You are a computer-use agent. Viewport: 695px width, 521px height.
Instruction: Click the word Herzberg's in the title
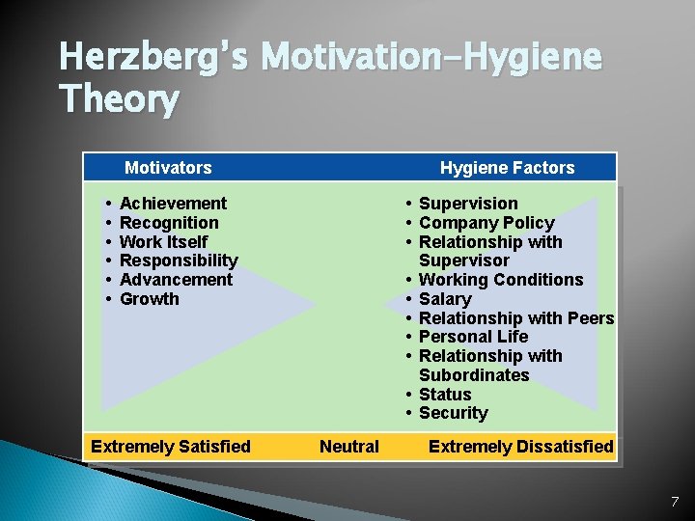(154, 58)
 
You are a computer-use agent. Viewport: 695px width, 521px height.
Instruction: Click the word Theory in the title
(119, 99)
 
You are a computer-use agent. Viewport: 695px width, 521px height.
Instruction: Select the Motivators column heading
(168, 168)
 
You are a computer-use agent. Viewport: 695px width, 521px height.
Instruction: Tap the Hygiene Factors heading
(507, 168)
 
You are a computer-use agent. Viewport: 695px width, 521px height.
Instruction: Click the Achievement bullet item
(173, 204)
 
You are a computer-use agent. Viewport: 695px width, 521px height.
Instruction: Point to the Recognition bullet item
(169, 223)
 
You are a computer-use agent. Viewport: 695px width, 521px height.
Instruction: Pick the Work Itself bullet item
(163, 242)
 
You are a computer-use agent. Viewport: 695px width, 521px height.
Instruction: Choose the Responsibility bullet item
(179, 260)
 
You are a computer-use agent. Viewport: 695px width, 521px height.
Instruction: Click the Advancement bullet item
(176, 280)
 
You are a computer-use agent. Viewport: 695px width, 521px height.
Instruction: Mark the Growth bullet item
(149, 299)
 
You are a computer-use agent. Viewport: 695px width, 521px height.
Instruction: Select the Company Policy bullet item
(486, 223)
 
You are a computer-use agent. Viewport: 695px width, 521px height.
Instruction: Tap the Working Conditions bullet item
(501, 280)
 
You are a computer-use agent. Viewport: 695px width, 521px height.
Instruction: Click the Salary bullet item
(445, 299)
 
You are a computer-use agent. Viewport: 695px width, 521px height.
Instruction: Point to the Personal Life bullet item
(473, 337)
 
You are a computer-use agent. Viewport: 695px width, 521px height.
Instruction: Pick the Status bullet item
(445, 395)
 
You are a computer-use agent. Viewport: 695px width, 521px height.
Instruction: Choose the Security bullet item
(453, 413)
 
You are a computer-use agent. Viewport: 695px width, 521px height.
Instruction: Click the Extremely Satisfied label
(170, 447)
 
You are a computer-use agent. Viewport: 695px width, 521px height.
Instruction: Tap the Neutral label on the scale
(349, 447)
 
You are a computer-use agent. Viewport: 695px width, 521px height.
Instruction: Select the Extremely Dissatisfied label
(520, 447)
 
